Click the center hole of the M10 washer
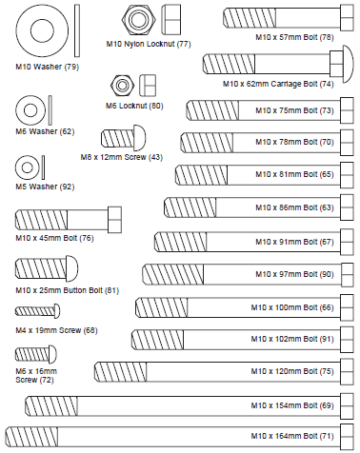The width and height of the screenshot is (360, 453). pyautogui.click(x=42, y=30)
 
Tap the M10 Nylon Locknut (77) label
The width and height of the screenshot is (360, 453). pyautogui.click(x=149, y=44)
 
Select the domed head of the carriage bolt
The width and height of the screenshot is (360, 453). pyautogui.click(x=348, y=65)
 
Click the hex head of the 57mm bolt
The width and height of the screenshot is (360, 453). pyautogui.click(x=347, y=18)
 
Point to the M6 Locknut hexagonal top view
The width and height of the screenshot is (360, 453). pyautogui.click(x=122, y=85)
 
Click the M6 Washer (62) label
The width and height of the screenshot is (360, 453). pyautogui.click(x=45, y=131)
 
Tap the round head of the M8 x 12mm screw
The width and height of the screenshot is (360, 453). pyautogui.click(x=140, y=138)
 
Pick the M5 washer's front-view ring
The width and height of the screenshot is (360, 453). pyautogui.click(x=28, y=167)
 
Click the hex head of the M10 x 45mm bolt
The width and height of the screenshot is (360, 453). pyautogui.click(x=114, y=220)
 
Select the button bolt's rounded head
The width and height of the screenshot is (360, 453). pyautogui.click(x=71, y=268)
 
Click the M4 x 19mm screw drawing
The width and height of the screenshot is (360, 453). pyautogui.click(x=37, y=311)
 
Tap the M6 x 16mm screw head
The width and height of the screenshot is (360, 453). pyautogui.click(x=52, y=354)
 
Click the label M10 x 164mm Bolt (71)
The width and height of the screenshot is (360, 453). pyautogui.click(x=292, y=436)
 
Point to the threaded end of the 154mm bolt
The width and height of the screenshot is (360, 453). pyautogui.click(x=51, y=405)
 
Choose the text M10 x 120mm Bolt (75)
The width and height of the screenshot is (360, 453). pyautogui.click(x=292, y=371)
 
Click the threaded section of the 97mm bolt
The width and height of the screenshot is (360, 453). pyautogui.click(x=172, y=274)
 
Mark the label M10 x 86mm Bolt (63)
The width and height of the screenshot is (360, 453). pyautogui.click(x=294, y=207)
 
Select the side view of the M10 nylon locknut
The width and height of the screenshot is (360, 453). pyautogui.click(x=170, y=19)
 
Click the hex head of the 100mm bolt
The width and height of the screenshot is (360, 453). pyautogui.click(x=347, y=307)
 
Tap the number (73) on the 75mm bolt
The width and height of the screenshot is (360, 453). pyautogui.click(x=327, y=110)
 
